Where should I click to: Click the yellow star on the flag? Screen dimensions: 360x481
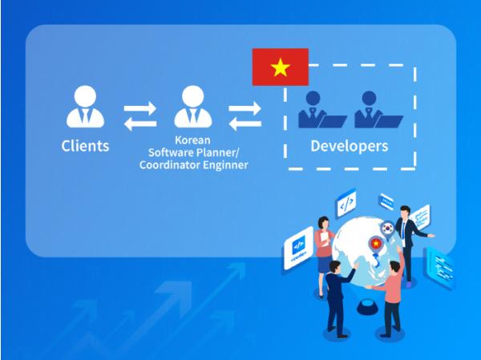click(x=280, y=67)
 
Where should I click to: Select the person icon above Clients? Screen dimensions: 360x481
click(x=85, y=107)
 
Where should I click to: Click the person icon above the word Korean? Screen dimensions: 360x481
click(x=193, y=107)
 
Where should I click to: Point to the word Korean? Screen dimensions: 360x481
click(x=192, y=139)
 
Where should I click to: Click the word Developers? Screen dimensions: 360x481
click(x=349, y=146)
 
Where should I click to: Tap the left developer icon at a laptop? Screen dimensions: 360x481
click(x=319, y=111)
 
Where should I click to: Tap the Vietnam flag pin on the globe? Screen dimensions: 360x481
click(x=374, y=245)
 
